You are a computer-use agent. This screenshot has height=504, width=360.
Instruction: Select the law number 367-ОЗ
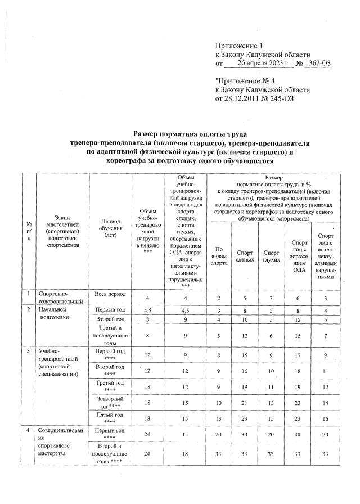[318, 64]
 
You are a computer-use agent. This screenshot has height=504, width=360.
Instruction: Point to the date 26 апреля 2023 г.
[264, 64]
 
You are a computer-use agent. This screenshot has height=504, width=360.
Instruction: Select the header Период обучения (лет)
[110, 231]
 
